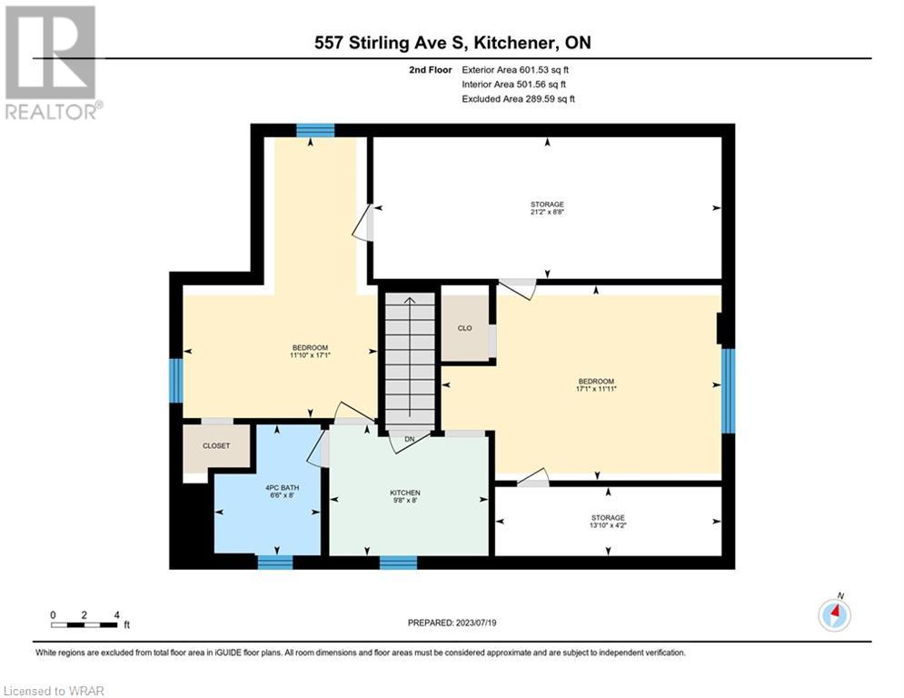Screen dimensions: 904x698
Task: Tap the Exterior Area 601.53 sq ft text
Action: coord(515,70)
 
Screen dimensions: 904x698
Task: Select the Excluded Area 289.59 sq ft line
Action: coord(518,99)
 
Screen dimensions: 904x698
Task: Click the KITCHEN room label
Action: coord(404,493)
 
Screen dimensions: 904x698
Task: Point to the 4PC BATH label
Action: coord(282,487)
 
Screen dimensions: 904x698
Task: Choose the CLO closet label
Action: coord(464,328)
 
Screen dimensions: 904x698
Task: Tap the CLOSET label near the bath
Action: coord(216,446)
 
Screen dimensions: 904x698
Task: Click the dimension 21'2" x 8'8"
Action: coord(547,212)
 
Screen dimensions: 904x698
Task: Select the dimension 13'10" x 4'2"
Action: coord(608,525)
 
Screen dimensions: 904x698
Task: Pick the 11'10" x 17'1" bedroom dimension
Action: coord(310,355)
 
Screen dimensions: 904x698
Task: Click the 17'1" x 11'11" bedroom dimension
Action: coord(596,389)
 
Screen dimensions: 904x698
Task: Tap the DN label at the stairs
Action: coord(410,440)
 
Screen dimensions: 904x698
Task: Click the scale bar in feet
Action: coord(84,624)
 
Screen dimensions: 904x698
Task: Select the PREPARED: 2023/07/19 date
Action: coord(452,623)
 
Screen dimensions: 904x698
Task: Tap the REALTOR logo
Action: coord(53,63)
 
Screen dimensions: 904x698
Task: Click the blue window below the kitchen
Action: coord(398,563)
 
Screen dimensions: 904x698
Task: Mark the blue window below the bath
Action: coord(275,563)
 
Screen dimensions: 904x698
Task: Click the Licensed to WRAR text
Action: coord(54,691)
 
